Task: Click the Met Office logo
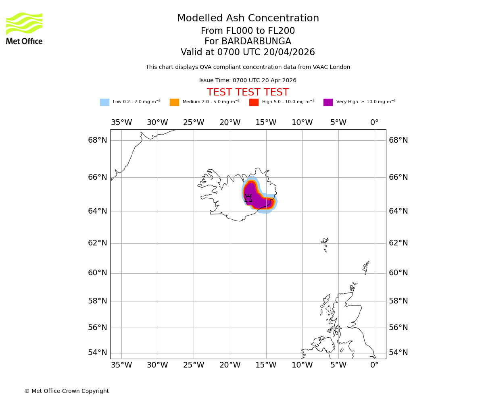point(24,28)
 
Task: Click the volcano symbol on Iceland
point(248,198)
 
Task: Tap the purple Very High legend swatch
point(328,102)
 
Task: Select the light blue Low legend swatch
point(104,102)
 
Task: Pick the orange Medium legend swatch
point(174,102)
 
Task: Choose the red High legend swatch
point(254,102)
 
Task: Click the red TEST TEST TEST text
point(248,92)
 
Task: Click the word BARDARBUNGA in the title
point(256,42)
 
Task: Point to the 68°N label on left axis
point(98,140)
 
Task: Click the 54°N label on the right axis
point(398,353)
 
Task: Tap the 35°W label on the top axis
point(121,123)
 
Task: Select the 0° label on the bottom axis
point(374,365)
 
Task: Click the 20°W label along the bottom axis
point(230,365)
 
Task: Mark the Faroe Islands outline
point(325,244)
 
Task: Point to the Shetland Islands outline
point(366,267)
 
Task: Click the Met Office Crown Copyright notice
point(67,391)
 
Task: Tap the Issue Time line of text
point(248,81)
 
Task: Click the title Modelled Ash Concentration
point(248,19)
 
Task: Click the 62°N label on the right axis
point(398,243)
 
